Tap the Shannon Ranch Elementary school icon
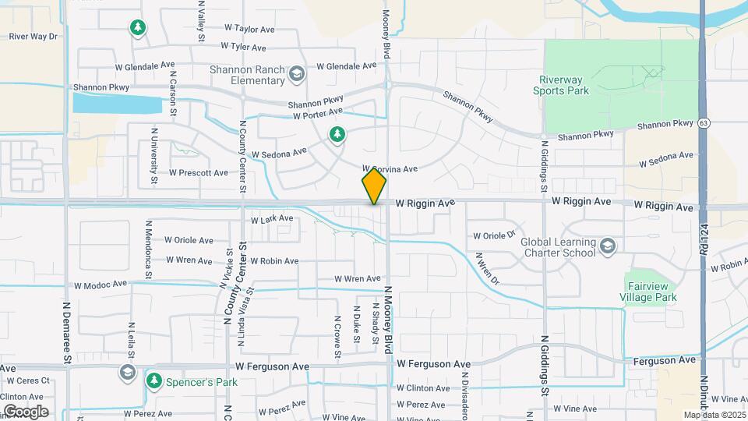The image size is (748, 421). click(296, 75)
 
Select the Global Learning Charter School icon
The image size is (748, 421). click(609, 246)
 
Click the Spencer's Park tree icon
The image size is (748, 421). click(154, 381)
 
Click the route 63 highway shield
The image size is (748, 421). click(704, 122)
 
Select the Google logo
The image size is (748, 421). click(25, 411)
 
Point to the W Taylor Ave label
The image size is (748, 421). click(249, 29)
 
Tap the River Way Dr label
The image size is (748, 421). click(34, 36)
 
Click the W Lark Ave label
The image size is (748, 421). click(271, 218)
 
